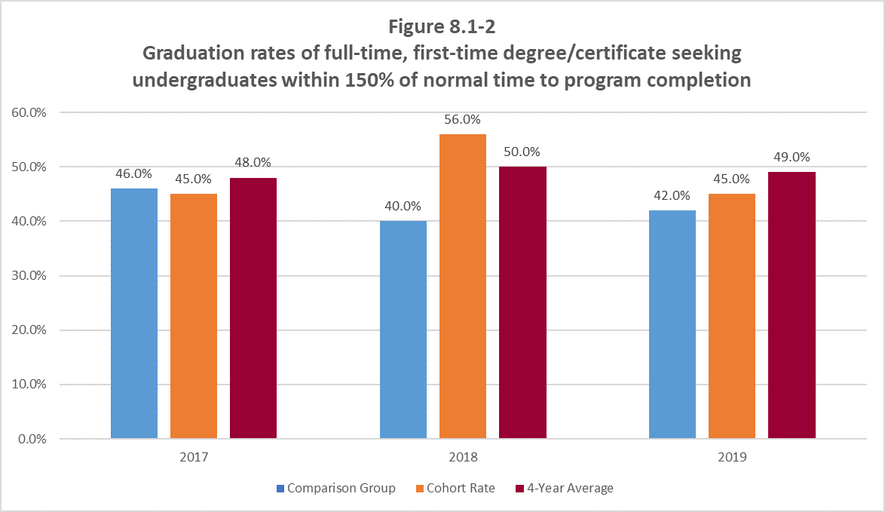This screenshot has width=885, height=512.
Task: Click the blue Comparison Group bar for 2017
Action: (x=134, y=313)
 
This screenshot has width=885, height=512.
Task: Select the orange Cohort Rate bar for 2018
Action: (x=463, y=286)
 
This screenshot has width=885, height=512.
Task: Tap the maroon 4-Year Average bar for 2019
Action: (x=792, y=305)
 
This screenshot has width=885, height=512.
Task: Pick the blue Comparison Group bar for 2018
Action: (x=403, y=330)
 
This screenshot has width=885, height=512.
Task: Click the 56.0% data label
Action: (x=463, y=119)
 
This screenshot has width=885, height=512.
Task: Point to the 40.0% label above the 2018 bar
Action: (x=403, y=206)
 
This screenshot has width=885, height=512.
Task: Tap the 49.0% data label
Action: (x=792, y=157)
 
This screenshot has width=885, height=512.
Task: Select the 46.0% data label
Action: (x=134, y=173)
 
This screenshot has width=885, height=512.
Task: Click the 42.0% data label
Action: (x=672, y=195)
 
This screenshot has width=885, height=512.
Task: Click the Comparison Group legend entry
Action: (x=335, y=488)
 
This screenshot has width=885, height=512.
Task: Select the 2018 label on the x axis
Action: (x=463, y=457)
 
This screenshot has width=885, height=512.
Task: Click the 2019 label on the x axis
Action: (x=732, y=457)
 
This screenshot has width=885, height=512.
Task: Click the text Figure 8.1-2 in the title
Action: (x=442, y=27)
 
